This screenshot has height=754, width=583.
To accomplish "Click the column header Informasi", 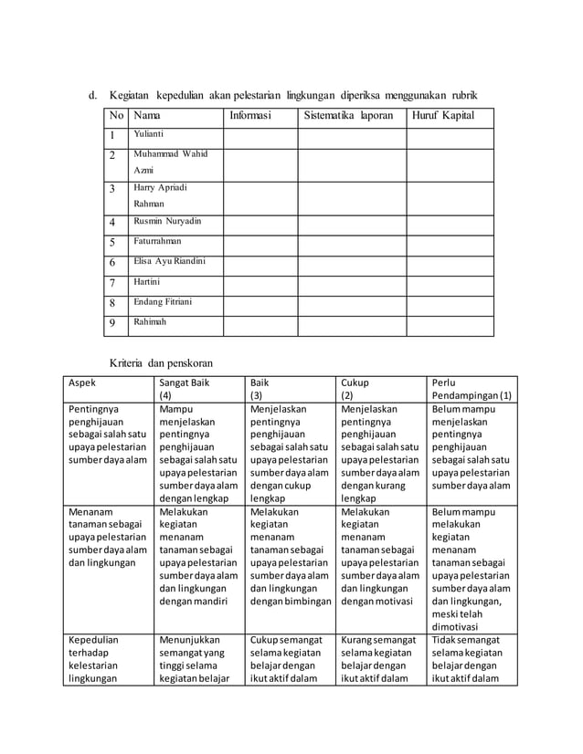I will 249,117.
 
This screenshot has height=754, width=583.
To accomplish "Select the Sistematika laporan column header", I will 348,117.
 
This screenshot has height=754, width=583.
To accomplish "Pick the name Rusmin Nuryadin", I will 167,221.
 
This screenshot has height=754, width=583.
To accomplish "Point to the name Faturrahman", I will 157,242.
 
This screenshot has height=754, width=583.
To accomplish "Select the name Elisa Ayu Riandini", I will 169,262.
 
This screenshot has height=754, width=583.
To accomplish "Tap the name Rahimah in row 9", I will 150,321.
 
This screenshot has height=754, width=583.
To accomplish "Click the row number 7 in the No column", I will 111,284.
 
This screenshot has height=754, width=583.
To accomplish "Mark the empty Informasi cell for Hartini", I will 260,284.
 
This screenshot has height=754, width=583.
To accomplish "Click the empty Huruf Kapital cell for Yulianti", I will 450,137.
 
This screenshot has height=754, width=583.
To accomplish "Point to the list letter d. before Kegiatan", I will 92,95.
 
